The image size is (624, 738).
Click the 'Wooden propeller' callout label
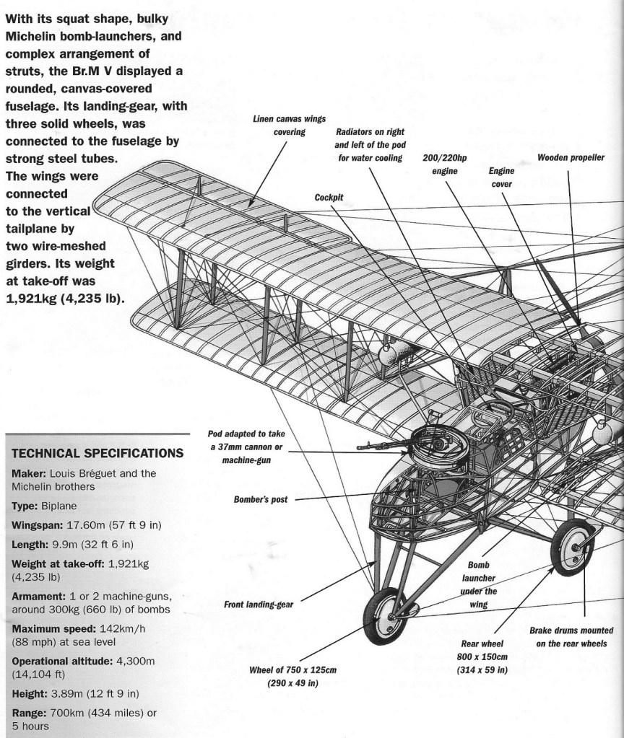pos(571,158)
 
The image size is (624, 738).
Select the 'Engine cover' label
pos(501,177)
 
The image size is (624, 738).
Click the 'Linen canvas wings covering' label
pos(279,126)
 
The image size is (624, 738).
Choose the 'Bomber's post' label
pos(261,499)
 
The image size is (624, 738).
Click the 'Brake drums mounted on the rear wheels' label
pos(571,636)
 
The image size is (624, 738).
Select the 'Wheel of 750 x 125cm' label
pos(293,677)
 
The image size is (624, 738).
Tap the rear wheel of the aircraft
pos(572,550)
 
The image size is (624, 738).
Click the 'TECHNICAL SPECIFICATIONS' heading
pos(97,453)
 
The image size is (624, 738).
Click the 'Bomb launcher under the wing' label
pos(478,585)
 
